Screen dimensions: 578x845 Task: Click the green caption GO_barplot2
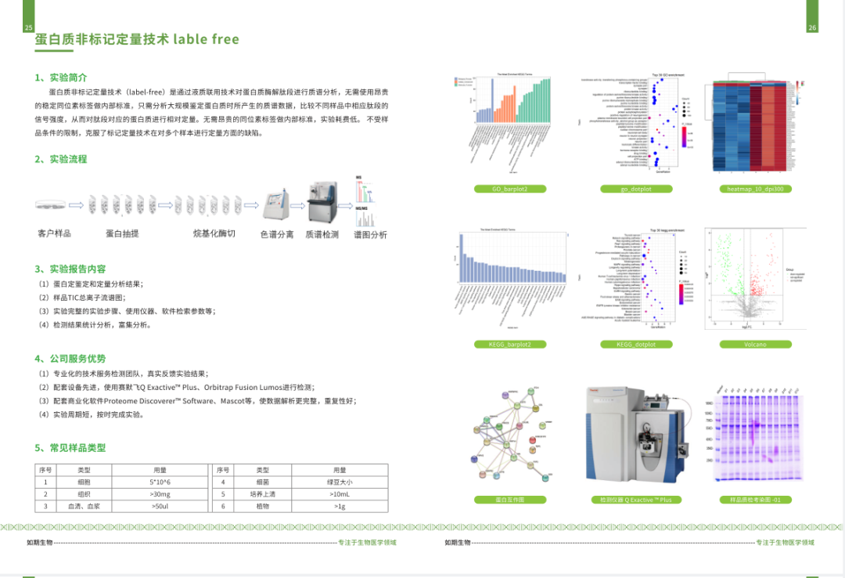pos(509,189)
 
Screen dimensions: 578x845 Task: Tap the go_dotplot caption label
pos(635,189)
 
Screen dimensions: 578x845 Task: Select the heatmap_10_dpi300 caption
pos(755,189)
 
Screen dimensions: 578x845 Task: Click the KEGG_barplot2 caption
pos(509,344)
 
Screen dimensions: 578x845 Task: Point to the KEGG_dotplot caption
pos(635,344)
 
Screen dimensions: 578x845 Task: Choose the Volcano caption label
pos(755,344)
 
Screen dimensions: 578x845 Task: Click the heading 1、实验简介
pos(61,78)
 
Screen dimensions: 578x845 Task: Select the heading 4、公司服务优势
pos(70,359)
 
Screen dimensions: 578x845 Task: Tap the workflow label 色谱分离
pos(277,234)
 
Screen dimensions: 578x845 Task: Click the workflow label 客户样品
pos(55,233)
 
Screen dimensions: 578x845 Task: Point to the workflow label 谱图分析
pos(370,234)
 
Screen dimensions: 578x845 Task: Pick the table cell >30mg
pos(160,494)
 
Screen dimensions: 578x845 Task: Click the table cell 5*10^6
pos(160,482)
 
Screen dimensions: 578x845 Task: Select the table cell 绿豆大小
pos(339,482)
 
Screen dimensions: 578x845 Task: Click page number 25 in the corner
pos(29,28)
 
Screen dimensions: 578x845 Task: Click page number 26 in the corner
pos(812,28)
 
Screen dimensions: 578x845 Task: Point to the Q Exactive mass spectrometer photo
pos(635,439)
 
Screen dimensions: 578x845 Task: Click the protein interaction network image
pos(509,435)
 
